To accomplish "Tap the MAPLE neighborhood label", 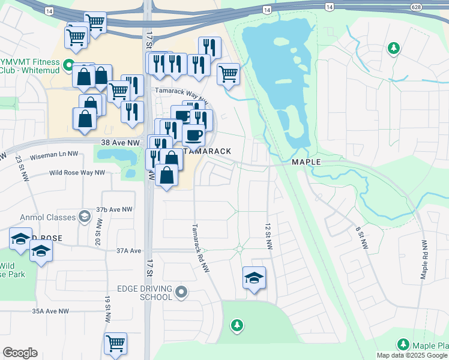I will click(306, 162).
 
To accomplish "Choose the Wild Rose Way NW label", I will click(77, 173).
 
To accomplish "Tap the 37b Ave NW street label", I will click(113, 209).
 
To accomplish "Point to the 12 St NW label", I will click(268, 237).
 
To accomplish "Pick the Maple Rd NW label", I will click(424, 260).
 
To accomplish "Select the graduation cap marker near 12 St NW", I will click(255, 278).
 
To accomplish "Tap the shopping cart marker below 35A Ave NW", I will click(115, 344).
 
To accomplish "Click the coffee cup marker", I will click(193, 135).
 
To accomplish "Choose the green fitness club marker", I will click(69, 64).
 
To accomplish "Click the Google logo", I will click(20, 353).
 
